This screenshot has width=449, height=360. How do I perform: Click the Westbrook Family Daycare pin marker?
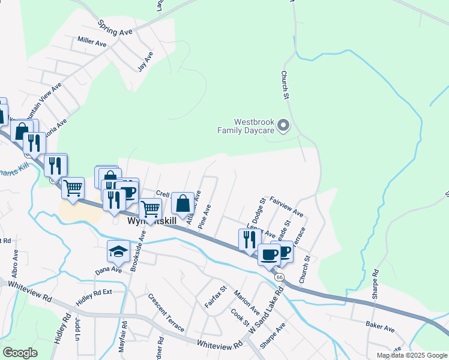(x=285, y=126)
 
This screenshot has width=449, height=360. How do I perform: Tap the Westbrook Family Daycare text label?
(x=246, y=125)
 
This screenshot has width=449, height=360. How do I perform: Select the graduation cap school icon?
(x=118, y=251)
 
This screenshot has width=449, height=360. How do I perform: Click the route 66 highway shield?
(x=280, y=277)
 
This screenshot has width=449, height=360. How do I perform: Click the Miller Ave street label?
(x=92, y=42)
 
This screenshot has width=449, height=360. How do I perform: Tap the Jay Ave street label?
(x=145, y=61)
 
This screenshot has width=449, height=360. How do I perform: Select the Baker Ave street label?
(x=380, y=328)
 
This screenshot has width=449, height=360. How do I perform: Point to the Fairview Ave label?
(x=286, y=206)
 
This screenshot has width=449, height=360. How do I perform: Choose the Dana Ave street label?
(x=109, y=271)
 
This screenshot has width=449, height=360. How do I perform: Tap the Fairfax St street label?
(x=215, y=297)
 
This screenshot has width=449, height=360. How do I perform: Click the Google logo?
(x=20, y=353)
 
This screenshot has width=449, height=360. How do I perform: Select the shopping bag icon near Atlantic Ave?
(x=183, y=203)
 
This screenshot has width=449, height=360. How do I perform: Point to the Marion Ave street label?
(x=247, y=303)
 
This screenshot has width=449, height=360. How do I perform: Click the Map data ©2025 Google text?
(x=411, y=355)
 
